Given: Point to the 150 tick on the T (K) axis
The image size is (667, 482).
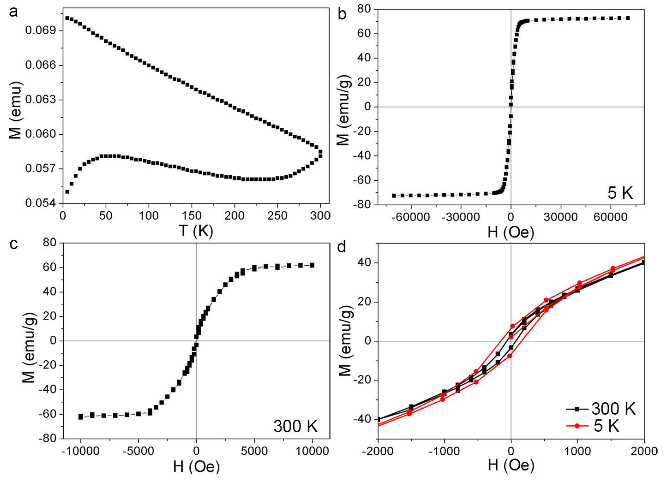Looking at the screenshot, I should click(192, 216).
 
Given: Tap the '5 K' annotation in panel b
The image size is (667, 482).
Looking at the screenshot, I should click(620, 193).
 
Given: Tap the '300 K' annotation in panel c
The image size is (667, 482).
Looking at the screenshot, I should click(296, 426).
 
